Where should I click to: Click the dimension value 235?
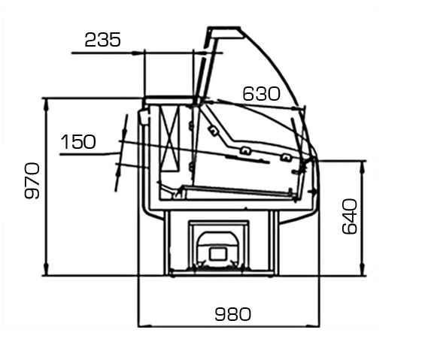[102, 40]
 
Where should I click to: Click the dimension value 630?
[261, 94]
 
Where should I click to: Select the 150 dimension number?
[78, 141]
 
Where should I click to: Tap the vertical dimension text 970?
[32, 180]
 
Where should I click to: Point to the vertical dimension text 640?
[349, 216]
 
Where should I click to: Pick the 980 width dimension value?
[233, 314]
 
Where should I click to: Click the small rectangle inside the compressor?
[218, 254]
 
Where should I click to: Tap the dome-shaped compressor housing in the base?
[218, 247]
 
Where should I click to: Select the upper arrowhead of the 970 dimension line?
[47, 104]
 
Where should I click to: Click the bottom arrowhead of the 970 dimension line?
[47, 269]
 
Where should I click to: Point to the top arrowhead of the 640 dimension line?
[363, 167]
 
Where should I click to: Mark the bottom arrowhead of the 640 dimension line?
[363, 270]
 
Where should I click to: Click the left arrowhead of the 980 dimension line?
[144, 326]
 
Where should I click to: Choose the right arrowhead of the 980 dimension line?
[314, 326]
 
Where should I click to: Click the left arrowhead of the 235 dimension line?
[138, 53]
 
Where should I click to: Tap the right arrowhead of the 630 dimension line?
[298, 109]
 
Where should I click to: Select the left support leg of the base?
[167, 243]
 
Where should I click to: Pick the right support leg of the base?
[274, 243]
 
